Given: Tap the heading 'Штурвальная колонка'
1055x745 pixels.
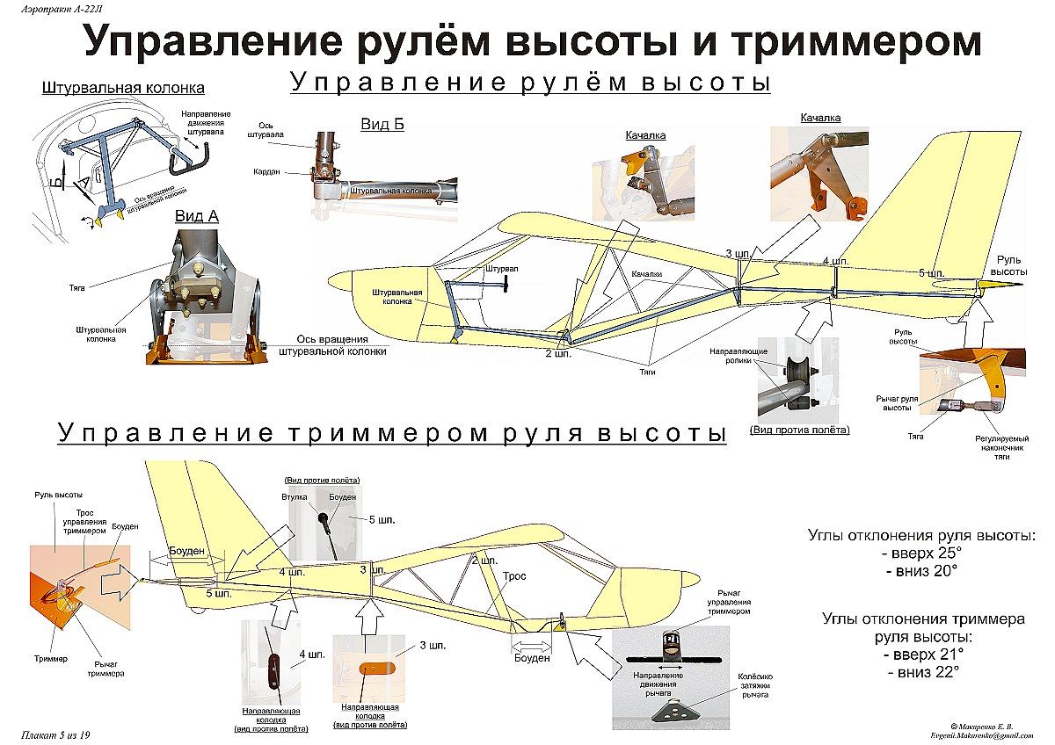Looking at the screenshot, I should click(x=123, y=88).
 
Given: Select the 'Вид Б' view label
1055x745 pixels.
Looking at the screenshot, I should click(x=382, y=124).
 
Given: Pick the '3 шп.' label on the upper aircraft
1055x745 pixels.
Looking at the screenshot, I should click(x=738, y=254).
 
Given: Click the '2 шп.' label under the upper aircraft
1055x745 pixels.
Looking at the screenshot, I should click(x=557, y=356).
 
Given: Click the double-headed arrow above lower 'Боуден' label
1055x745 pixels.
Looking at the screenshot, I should click(x=531, y=644).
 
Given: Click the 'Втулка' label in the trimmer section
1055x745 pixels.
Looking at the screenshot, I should click(x=295, y=497).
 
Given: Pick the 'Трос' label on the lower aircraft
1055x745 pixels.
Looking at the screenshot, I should click(x=514, y=576).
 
